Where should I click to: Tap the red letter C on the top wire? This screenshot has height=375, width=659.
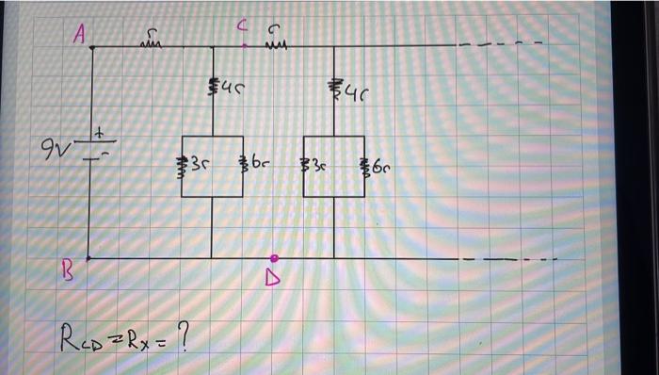click(242, 27)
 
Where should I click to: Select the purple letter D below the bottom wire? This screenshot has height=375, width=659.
click(274, 280)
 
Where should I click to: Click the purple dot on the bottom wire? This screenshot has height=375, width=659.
click(274, 257)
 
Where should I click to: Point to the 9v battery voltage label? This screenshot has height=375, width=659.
click(54, 148)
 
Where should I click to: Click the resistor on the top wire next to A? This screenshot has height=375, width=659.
click(151, 41)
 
